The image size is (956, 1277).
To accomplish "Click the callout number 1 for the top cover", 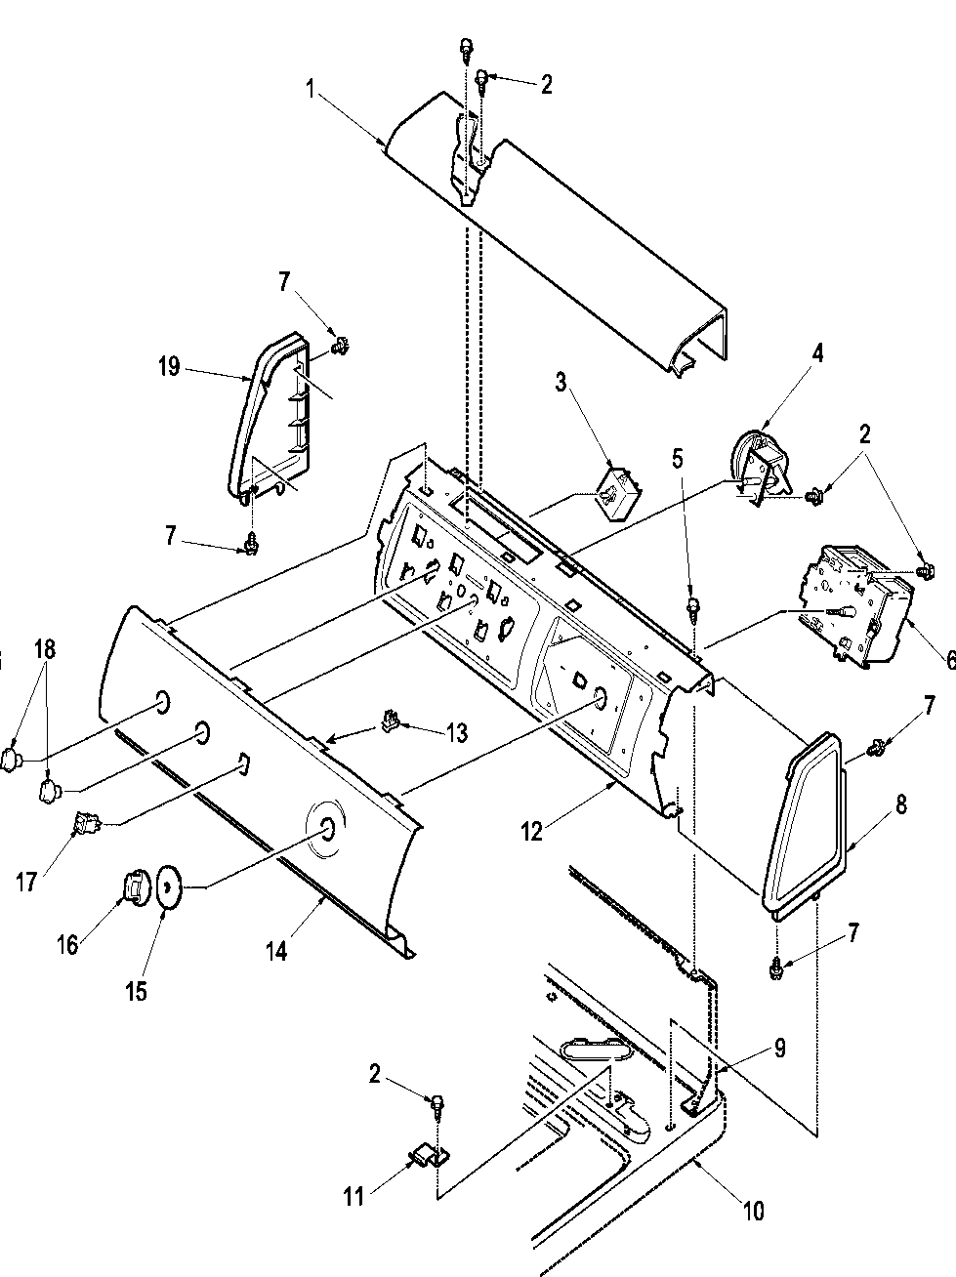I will pos(310,90).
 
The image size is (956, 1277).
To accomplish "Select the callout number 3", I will pos(561,382).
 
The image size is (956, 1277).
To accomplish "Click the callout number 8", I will pos(900,804).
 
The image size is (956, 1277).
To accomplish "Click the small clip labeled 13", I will pos(391,722).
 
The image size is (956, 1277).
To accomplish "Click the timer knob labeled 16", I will pos(132,887).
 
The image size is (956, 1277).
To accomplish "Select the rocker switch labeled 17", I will pos(87,827).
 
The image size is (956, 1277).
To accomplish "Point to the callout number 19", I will pos(168,367).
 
